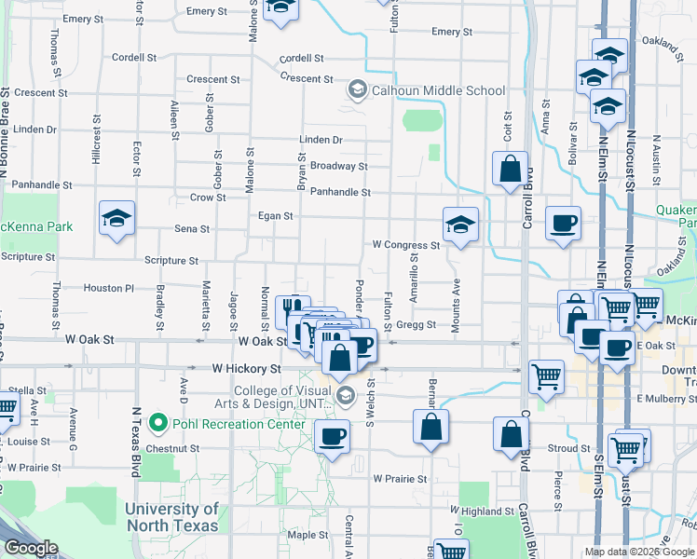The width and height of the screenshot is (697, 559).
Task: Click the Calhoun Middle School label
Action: [439, 91]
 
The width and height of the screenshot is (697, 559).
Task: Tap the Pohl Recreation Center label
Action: [239, 425]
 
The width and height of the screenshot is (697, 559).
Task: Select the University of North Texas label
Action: [171, 517]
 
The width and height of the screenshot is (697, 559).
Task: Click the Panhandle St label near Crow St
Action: [340, 192]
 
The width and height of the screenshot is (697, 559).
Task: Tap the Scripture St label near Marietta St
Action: [171, 262]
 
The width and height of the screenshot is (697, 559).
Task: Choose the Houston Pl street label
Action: [109, 289]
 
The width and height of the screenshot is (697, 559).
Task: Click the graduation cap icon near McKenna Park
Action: [116, 219]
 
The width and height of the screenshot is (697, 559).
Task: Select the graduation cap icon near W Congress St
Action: [460, 225]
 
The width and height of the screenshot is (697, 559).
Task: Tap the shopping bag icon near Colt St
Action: [510, 170]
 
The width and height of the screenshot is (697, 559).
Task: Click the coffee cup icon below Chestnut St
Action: [332, 435]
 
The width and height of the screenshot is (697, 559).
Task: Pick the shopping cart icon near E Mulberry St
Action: [546, 376]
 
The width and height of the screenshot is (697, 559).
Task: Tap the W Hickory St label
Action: [246, 369]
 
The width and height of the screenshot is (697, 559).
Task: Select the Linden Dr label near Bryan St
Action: [321, 140]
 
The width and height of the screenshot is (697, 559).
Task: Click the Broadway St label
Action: [338, 166]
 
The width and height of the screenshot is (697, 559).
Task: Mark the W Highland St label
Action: [482, 511]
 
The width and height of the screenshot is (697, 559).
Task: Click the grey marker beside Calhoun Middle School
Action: [356, 90]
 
